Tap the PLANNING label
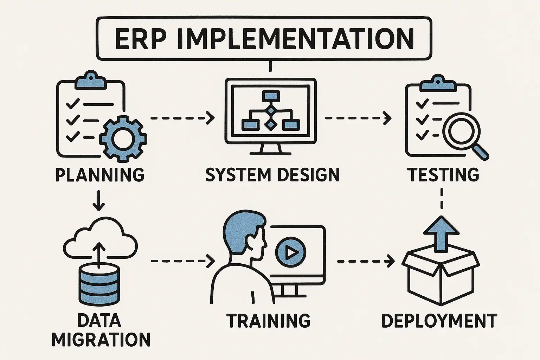100,175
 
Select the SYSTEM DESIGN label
272,175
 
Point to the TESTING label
443,175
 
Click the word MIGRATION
101,339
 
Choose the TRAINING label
269,321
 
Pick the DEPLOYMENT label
439,321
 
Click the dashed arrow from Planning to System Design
182,118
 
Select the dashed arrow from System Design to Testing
358,118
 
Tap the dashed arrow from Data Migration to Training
182,261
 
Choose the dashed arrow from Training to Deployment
365,261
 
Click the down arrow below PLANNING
99,201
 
